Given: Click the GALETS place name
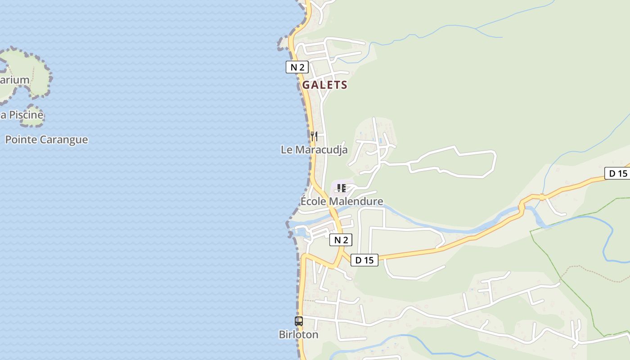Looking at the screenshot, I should coord(324,85).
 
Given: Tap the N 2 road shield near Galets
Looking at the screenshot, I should coord(297,67).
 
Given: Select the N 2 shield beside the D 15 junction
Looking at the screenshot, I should coord(341,240).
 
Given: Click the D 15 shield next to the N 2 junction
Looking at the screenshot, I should coord(364,260).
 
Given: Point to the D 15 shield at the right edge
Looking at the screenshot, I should coord(618,173).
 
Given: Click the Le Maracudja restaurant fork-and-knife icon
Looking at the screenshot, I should coord(314,136).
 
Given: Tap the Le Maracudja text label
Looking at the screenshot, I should coord(314,149).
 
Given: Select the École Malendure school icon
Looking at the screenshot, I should coord(341,188).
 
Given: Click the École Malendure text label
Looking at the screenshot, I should coord(342,201).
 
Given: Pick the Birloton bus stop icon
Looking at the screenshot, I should coord(299,321).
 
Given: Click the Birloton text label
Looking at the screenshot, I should coord(298,335).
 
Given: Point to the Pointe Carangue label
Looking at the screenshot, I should coord(46,139).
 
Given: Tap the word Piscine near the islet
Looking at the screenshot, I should coord(26,115).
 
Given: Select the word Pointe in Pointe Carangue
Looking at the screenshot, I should coord(21,139).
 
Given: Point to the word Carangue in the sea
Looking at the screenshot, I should coord(63,139).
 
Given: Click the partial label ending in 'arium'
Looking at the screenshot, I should coord(14,80).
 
